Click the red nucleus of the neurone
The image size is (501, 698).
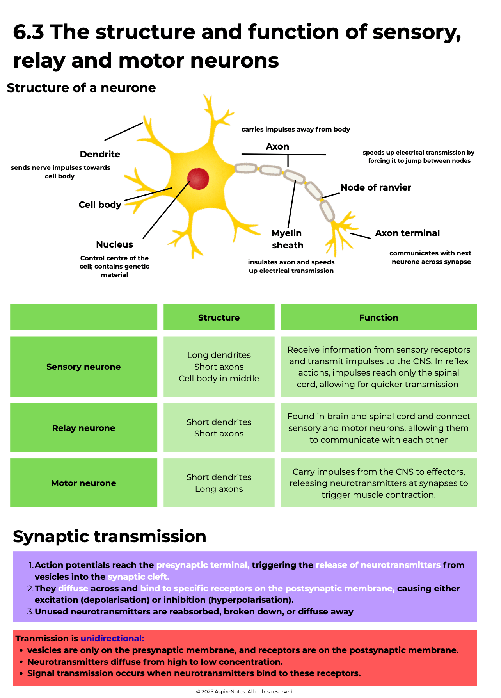[198, 179]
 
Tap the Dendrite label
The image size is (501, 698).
[100, 154]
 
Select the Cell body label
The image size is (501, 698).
[100, 205]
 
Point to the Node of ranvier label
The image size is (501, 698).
[375, 187]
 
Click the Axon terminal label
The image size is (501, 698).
[407, 233]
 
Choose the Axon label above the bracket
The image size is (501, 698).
[277, 146]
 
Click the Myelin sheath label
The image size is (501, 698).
[287, 239]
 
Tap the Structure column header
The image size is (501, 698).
[219, 317]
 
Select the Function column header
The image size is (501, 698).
[378, 317]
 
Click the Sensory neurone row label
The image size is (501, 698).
[83, 367]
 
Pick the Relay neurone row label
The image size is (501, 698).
[83, 428]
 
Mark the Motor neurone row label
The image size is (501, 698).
[83, 483]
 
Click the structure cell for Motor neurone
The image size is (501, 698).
[219, 483]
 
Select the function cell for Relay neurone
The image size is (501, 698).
[378, 428]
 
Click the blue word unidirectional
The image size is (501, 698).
[112, 638]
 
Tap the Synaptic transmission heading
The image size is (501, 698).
[109, 536]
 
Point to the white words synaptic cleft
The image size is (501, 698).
[138, 577]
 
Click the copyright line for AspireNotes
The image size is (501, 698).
[245, 691]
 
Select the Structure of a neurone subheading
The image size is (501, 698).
[81, 88]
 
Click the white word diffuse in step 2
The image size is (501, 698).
[73, 588]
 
